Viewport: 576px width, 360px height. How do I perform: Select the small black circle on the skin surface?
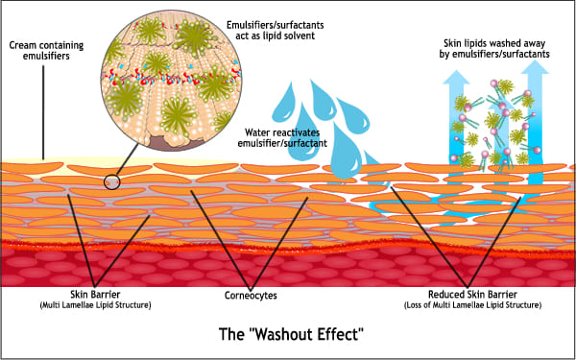(x=112, y=180)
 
